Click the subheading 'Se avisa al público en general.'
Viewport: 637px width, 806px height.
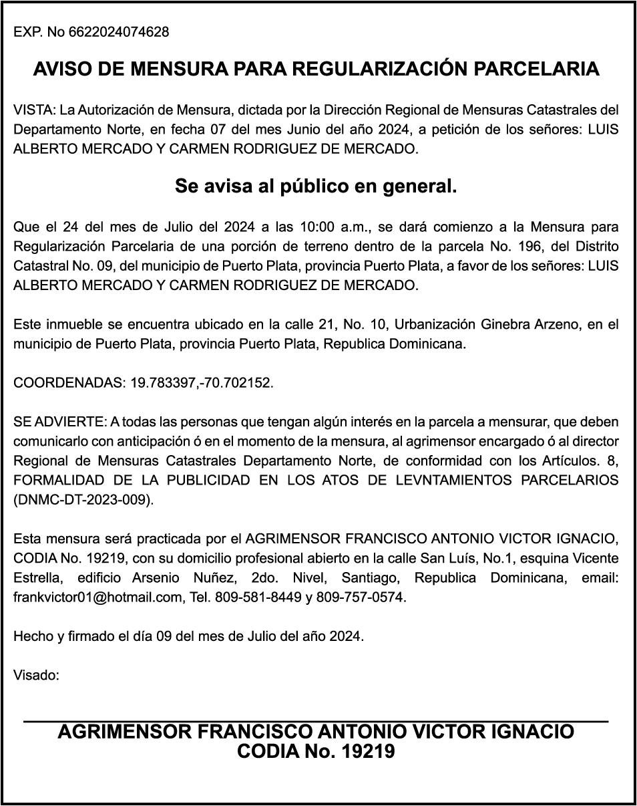pos(316,186)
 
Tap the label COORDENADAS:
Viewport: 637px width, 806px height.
pos(69,383)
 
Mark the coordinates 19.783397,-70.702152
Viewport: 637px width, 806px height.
pos(202,383)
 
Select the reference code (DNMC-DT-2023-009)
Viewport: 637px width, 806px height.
pos(83,500)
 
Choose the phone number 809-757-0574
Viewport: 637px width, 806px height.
pos(361,597)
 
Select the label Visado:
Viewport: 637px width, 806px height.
pos(37,675)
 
